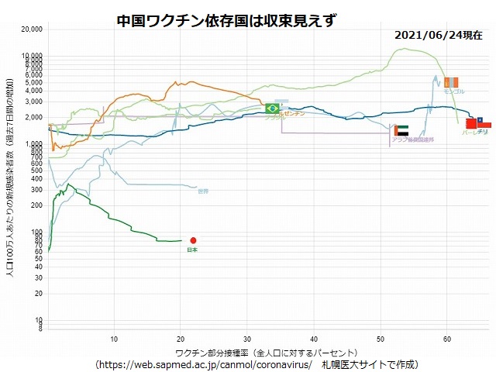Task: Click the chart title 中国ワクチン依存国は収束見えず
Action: (216, 19)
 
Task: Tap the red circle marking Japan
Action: (193, 240)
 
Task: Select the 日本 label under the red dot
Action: (193, 250)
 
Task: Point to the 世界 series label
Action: (203, 191)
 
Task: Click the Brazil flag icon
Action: (272, 108)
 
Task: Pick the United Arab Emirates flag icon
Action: (401, 131)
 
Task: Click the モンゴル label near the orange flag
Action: (453, 91)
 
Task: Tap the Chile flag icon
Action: (484, 122)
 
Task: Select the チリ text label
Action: (482, 133)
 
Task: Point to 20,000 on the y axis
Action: (33, 29)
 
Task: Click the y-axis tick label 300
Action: (37, 190)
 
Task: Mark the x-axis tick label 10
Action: (114, 339)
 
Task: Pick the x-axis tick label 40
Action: (314, 339)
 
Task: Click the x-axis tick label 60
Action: (447, 339)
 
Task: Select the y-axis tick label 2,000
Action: (34, 117)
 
